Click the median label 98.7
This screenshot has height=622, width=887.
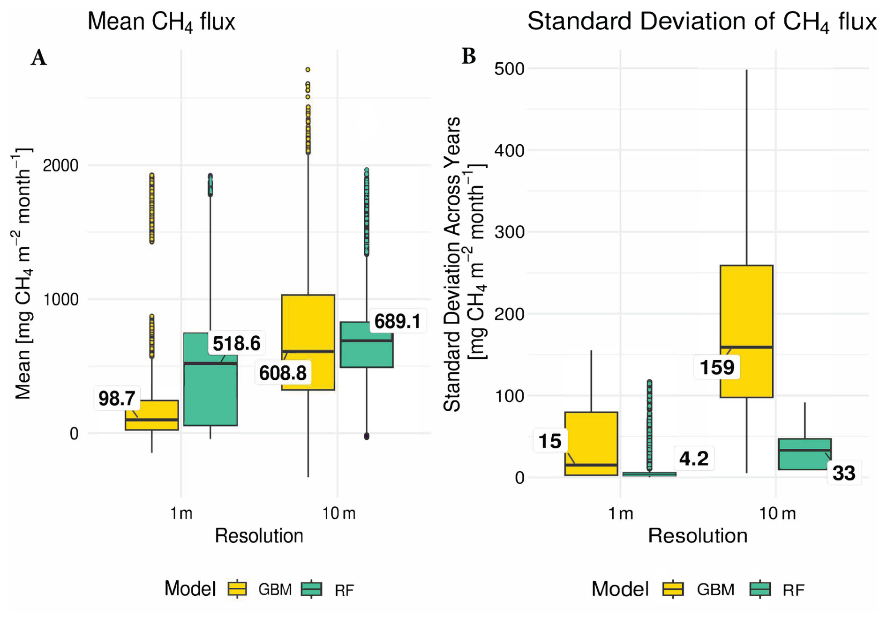click(117, 399)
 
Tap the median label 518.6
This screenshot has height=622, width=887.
click(236, 343)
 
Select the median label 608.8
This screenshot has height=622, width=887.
click(283, 373)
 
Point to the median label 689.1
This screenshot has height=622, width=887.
click(398, 322)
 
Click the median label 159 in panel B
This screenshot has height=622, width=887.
click(717, 367)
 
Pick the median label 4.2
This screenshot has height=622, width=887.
click(694, 459)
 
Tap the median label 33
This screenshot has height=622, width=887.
click(844, 474)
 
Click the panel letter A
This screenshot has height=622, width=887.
click(39, 58)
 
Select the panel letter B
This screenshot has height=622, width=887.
click(469, 56)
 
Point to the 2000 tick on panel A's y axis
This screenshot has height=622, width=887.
click(60, 165)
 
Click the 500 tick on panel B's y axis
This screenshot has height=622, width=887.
click(509, 69)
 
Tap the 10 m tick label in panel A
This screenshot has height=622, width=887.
click(338, 514)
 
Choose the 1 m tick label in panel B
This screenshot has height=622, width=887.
click(621, 514)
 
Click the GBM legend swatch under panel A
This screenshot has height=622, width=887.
click(237, 589)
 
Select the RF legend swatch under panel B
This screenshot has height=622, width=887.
click(760, 589)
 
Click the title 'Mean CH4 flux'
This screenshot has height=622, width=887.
click(161, 22)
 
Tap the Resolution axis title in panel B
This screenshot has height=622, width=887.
click(698, 536)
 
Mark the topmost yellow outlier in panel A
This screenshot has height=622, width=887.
click(308, 70)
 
